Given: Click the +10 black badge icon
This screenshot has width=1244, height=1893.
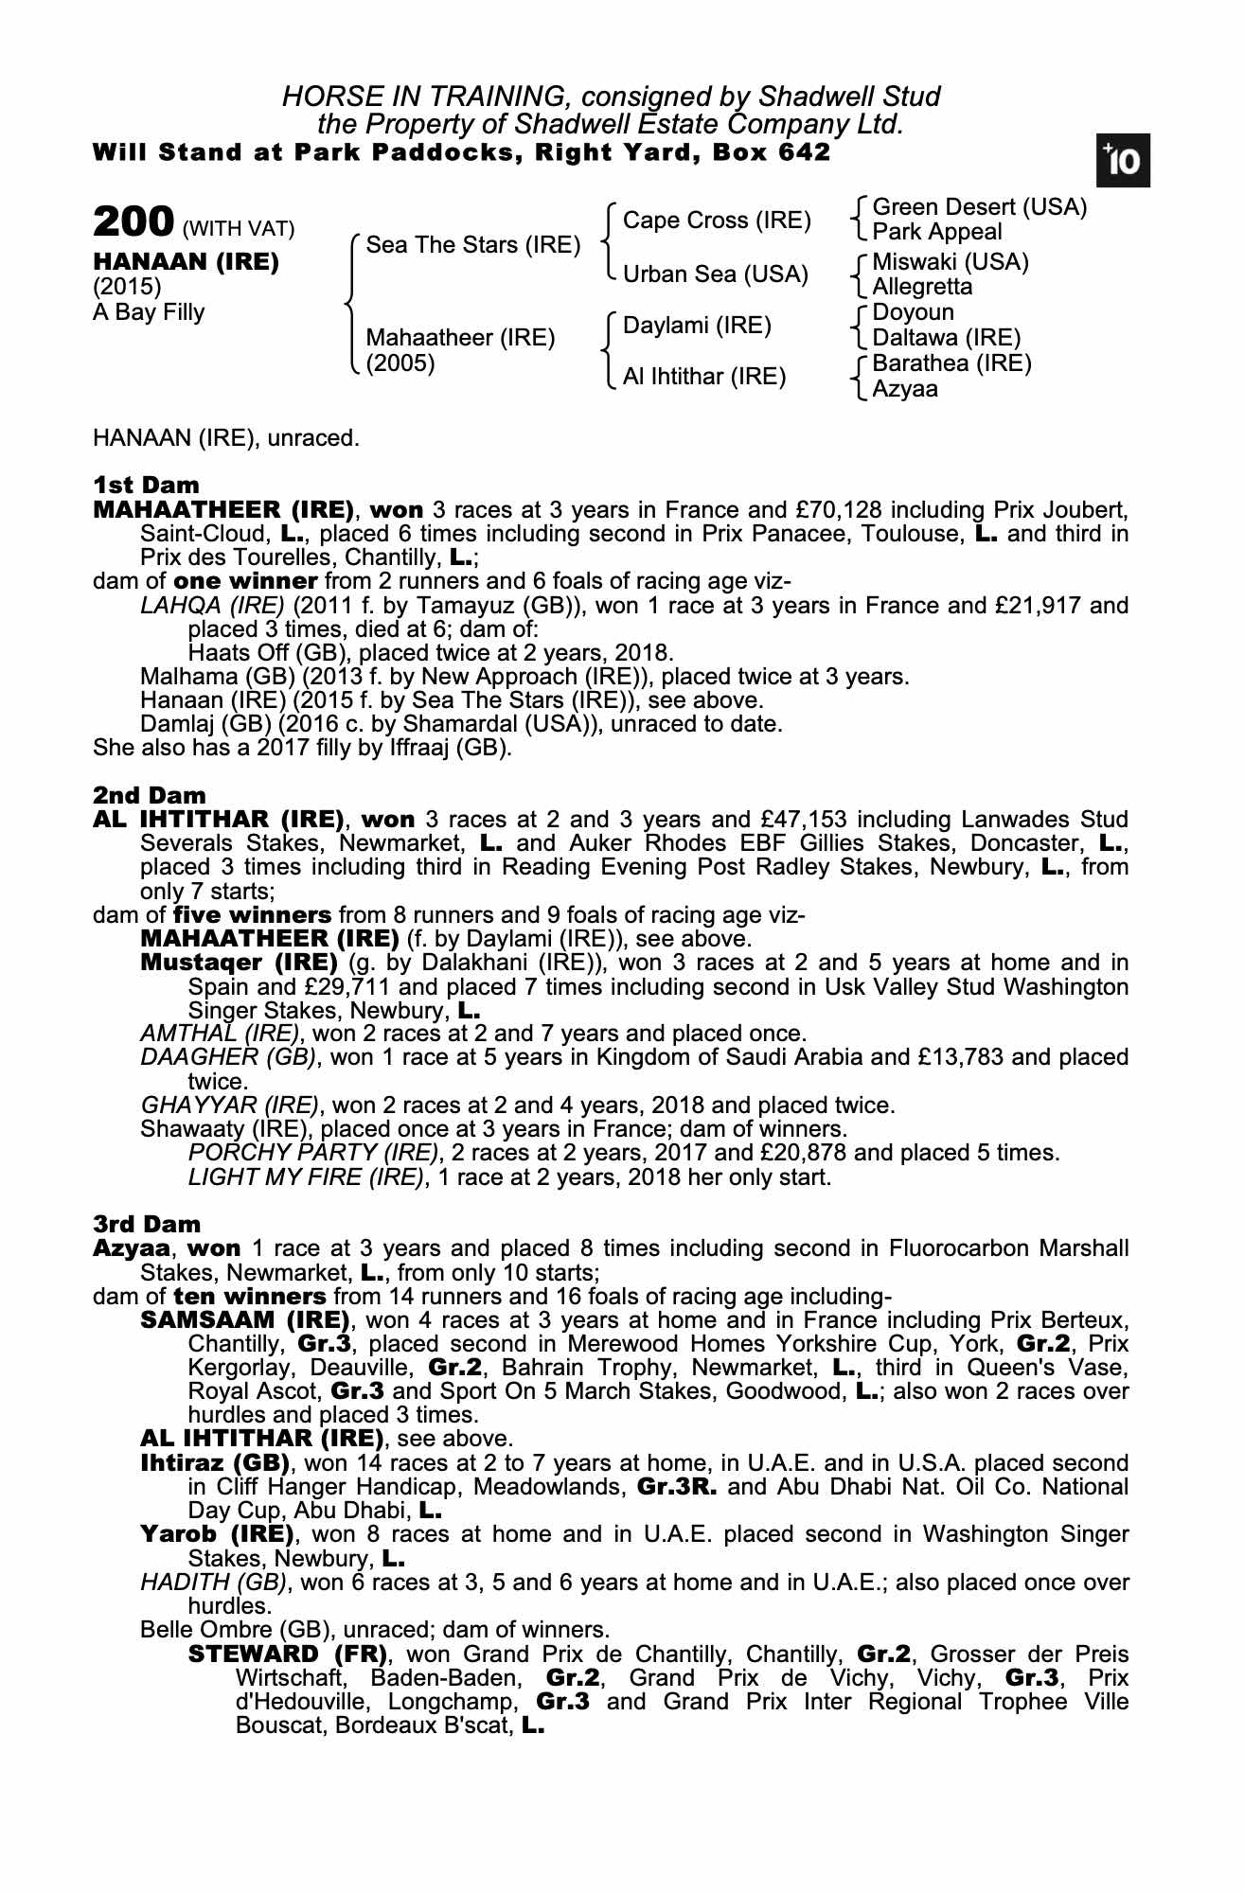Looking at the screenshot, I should coord(1123,161).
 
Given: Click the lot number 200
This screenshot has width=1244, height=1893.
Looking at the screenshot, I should coord(133,222).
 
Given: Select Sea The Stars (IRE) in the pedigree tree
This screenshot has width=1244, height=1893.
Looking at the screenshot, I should coord(472,245).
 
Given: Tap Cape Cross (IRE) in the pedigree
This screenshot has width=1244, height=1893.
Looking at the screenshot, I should coord(717,221).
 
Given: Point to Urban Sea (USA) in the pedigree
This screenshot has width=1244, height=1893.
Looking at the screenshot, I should coord(716,274).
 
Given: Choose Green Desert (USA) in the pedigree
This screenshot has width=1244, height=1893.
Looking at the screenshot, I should coord(979,207).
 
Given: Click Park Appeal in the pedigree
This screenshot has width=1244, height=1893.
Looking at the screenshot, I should coord(936,232).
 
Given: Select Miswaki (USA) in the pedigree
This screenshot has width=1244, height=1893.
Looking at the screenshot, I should coord(950,262).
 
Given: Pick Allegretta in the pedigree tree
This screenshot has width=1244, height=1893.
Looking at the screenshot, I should coord(922,287).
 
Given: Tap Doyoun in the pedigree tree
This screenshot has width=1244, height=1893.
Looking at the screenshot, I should coord(913,312).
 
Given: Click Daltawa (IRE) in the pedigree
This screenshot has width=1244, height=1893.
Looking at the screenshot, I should coord(946,338).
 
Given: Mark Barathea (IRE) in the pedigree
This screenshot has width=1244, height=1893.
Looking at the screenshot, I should coord(951,363).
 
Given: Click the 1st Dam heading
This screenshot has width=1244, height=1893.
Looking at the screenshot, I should coord(147,486).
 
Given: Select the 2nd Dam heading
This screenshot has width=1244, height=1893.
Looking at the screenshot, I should coord(150,795).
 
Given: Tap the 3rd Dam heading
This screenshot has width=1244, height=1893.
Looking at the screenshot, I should coord(147,1224).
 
